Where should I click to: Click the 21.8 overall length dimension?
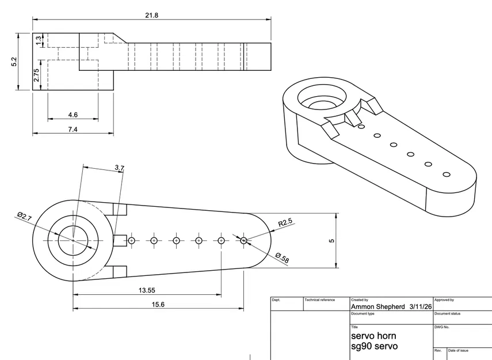point(152,16)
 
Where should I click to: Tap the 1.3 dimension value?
point(39,41)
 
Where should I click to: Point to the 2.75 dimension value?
point(36,75)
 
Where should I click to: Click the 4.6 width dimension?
point(73,115)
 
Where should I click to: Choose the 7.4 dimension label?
point(73,130)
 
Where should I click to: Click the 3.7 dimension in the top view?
point(119,168)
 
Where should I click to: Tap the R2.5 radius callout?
point(286,222)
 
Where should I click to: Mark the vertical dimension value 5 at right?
point(331,241)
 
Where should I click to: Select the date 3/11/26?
point(420,307)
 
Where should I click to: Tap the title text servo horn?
point(373,335)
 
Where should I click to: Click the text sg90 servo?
point(374,346)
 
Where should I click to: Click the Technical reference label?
point(319,300)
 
